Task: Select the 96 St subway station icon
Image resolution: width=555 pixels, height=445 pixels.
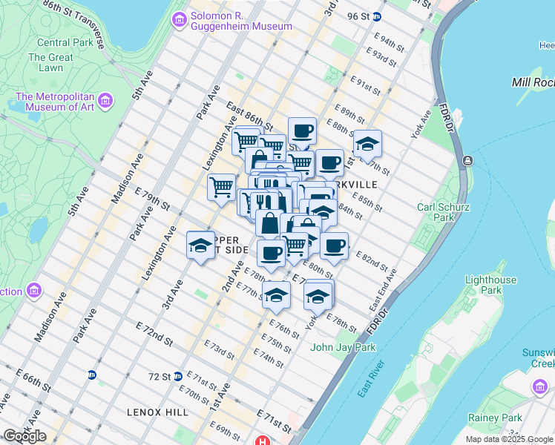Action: (x=377, y=16)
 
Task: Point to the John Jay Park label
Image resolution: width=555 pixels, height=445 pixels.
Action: (x=343, y=347)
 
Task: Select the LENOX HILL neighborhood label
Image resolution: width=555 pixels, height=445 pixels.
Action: (x=158, y=412)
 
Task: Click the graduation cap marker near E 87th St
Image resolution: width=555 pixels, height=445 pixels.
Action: (x=367, y=145)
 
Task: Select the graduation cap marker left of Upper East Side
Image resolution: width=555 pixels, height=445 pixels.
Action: (x=200, y=245)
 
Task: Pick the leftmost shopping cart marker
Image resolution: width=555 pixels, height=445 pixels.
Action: (x=221, y=187)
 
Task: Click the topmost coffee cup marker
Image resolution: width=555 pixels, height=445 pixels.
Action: (x=302, y=131)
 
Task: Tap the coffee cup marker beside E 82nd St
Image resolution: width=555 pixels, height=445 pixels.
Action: (x=334, y=245)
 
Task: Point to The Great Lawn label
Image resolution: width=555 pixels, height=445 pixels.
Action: (x=51, y=62)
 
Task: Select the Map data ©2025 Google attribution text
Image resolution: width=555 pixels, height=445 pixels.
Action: (x=508, y=439)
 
